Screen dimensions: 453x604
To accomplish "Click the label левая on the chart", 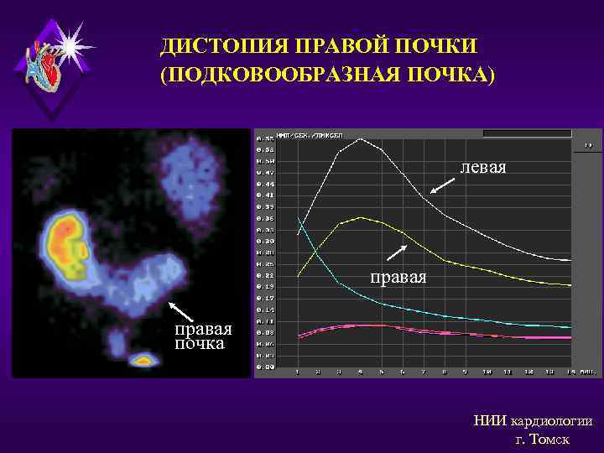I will click(x=482, y=168).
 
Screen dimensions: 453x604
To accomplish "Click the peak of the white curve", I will click(x=361, y=138).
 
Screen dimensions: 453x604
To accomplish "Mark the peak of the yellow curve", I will click(x=360, y=217).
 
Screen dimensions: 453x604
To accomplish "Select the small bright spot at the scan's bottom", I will click(x=143, y=361).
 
